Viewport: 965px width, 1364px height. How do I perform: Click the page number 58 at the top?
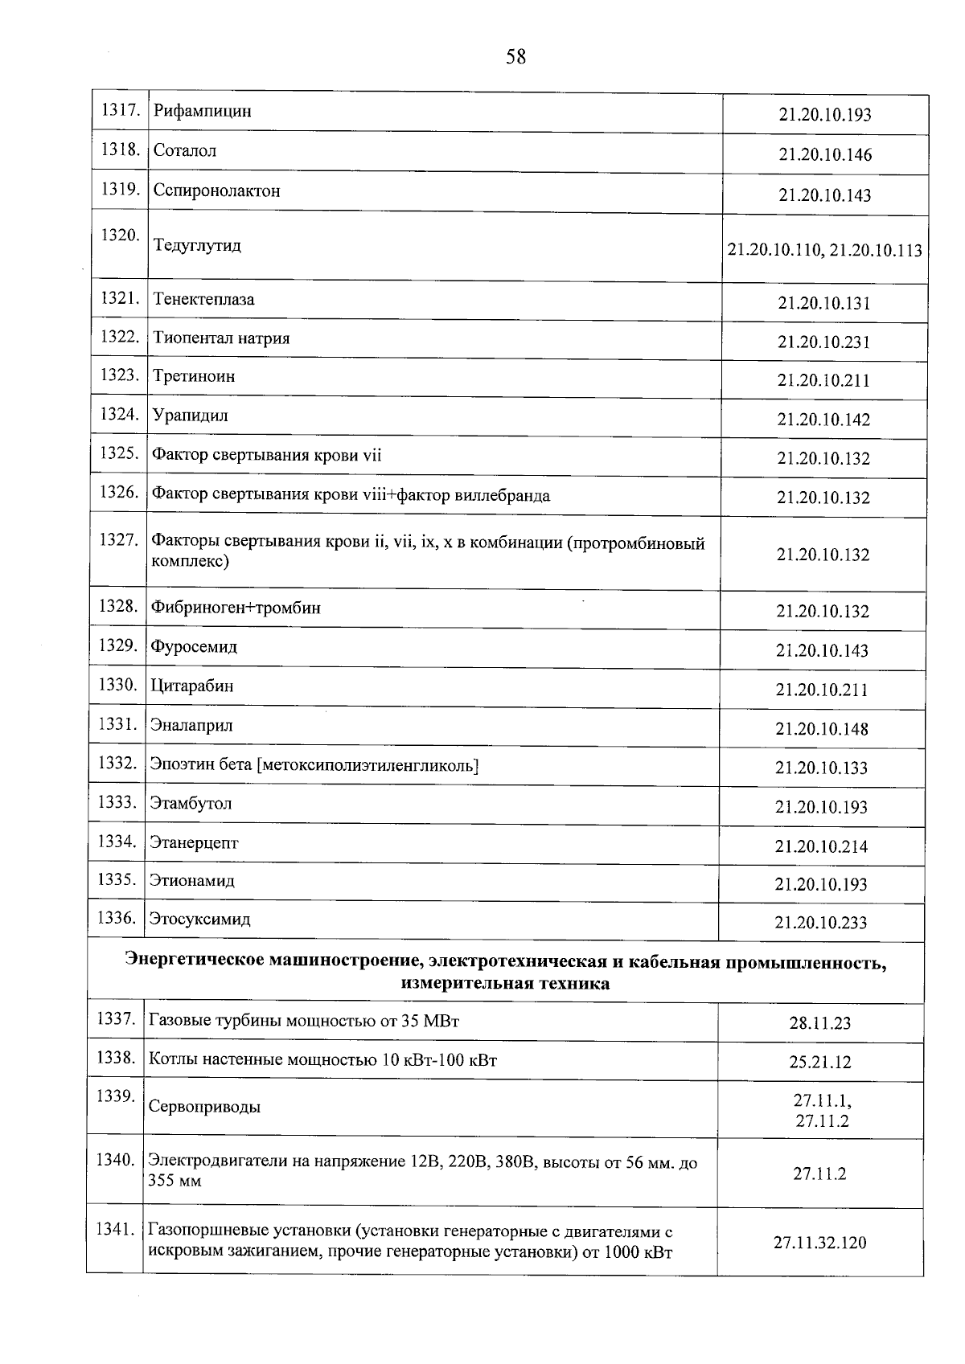(515, 57)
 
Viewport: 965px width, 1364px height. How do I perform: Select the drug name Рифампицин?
(203, 111)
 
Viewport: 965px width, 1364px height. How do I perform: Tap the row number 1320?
(119, 235)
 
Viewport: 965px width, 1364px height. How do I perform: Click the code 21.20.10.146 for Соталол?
(824, 154)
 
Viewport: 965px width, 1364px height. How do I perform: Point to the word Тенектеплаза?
(203, 299)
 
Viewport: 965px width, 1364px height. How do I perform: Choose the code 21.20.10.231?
(823, 342)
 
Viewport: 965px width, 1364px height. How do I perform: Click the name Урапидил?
(191, 416)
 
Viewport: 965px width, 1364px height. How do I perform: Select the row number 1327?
(118, 540)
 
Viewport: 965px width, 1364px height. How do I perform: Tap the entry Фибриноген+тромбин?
(236, 608)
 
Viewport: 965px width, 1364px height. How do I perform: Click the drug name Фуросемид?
(194, 647)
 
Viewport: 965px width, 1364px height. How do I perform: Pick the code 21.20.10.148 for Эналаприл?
(822, 729)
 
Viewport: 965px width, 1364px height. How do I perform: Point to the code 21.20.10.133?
(821, 768)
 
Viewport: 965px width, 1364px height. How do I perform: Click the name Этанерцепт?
(194, 842)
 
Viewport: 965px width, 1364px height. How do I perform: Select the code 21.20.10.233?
(820, 923)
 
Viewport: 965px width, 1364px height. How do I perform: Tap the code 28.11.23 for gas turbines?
(820, 1023)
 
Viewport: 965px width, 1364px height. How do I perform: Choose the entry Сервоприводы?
(204, 1107)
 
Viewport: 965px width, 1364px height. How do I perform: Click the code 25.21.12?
(820, 1062)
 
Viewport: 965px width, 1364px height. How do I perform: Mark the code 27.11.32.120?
(820, 1243)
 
